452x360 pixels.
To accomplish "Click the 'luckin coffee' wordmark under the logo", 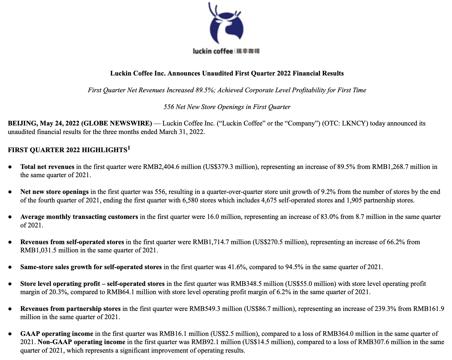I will point(213,51).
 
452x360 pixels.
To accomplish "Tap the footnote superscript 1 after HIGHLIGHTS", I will point(129,148).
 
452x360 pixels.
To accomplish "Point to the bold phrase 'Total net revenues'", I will point(47,167).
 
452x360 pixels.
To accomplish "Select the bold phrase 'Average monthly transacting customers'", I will point(79,217).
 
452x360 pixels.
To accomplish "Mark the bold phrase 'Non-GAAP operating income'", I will point(81,342).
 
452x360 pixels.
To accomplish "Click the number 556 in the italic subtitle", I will point(169,107).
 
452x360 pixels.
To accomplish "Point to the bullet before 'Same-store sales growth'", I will point(10,267).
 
